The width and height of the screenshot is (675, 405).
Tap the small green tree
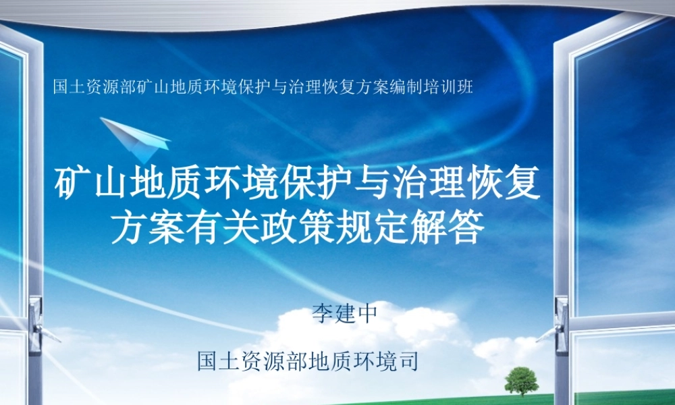click(521, 379)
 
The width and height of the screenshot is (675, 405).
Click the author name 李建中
click(344, 314)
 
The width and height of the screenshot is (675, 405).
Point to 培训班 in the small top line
click(457, 87)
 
